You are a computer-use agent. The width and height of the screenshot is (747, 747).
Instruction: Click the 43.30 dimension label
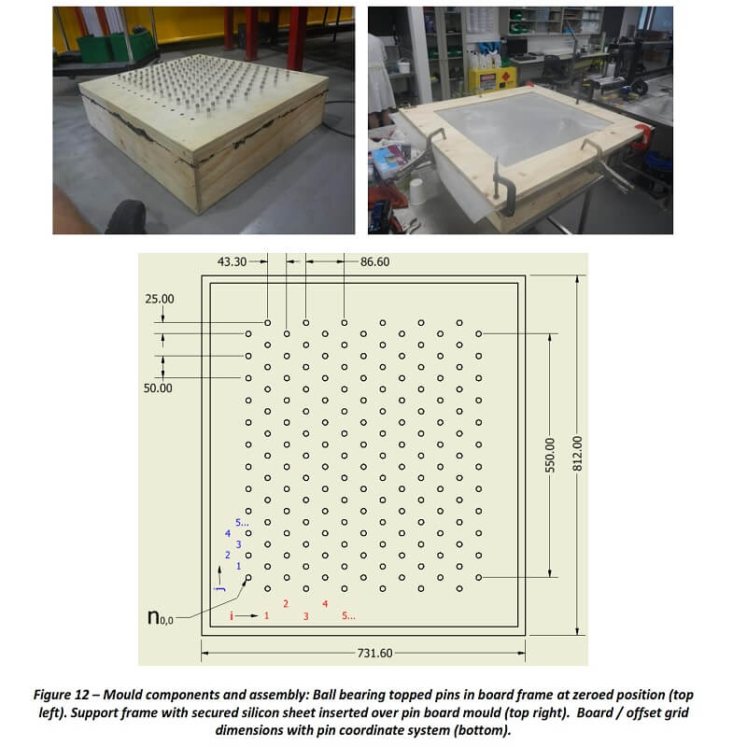pyautogui.click(x=232, y=261)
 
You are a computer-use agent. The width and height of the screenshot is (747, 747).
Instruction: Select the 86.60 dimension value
pyautogui.click(x=375, y=261)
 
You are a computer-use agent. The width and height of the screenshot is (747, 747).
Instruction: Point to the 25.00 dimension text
pyautogui.click(x=160, y=299)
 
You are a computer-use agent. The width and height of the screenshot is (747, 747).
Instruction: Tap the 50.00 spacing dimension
pyautogui.click(x=158, y=388)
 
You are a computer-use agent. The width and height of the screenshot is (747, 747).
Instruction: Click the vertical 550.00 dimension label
pyautogui.click(x=550, y=456)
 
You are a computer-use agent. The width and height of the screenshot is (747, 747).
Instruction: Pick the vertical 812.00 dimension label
pyautogui.click(x=577, y=454)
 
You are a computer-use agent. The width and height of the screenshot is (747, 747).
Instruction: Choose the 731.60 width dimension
pyautogui.click(x=375, y=653)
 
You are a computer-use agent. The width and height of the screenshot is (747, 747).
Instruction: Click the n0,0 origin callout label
pyautogui.click(x=160, y=618)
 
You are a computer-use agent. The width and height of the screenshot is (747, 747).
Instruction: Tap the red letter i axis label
pyautogui.click(x=232, y=616)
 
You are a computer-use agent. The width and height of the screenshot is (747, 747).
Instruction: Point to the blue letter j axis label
pyautogui.click(x=220, y=590)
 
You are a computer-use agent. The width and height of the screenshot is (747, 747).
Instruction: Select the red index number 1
pyautogui.click(x=266, y=615)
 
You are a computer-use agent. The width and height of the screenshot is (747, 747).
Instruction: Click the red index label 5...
pyautogui.click(x=348, y=615)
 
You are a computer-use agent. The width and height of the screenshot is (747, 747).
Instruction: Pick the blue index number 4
pyautogui.click(x=228, y=533)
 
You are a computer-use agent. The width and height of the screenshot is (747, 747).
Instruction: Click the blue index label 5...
pyautogui.click(x=242, y=523)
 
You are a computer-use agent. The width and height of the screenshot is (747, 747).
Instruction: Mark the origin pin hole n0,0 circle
pyautogui.click(x=248, y=577)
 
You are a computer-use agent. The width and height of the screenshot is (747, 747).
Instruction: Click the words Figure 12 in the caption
pyautogui.click(x=61, y=695)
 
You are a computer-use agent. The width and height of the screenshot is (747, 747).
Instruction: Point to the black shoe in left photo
pyautogui.click(x=125, y=217)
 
